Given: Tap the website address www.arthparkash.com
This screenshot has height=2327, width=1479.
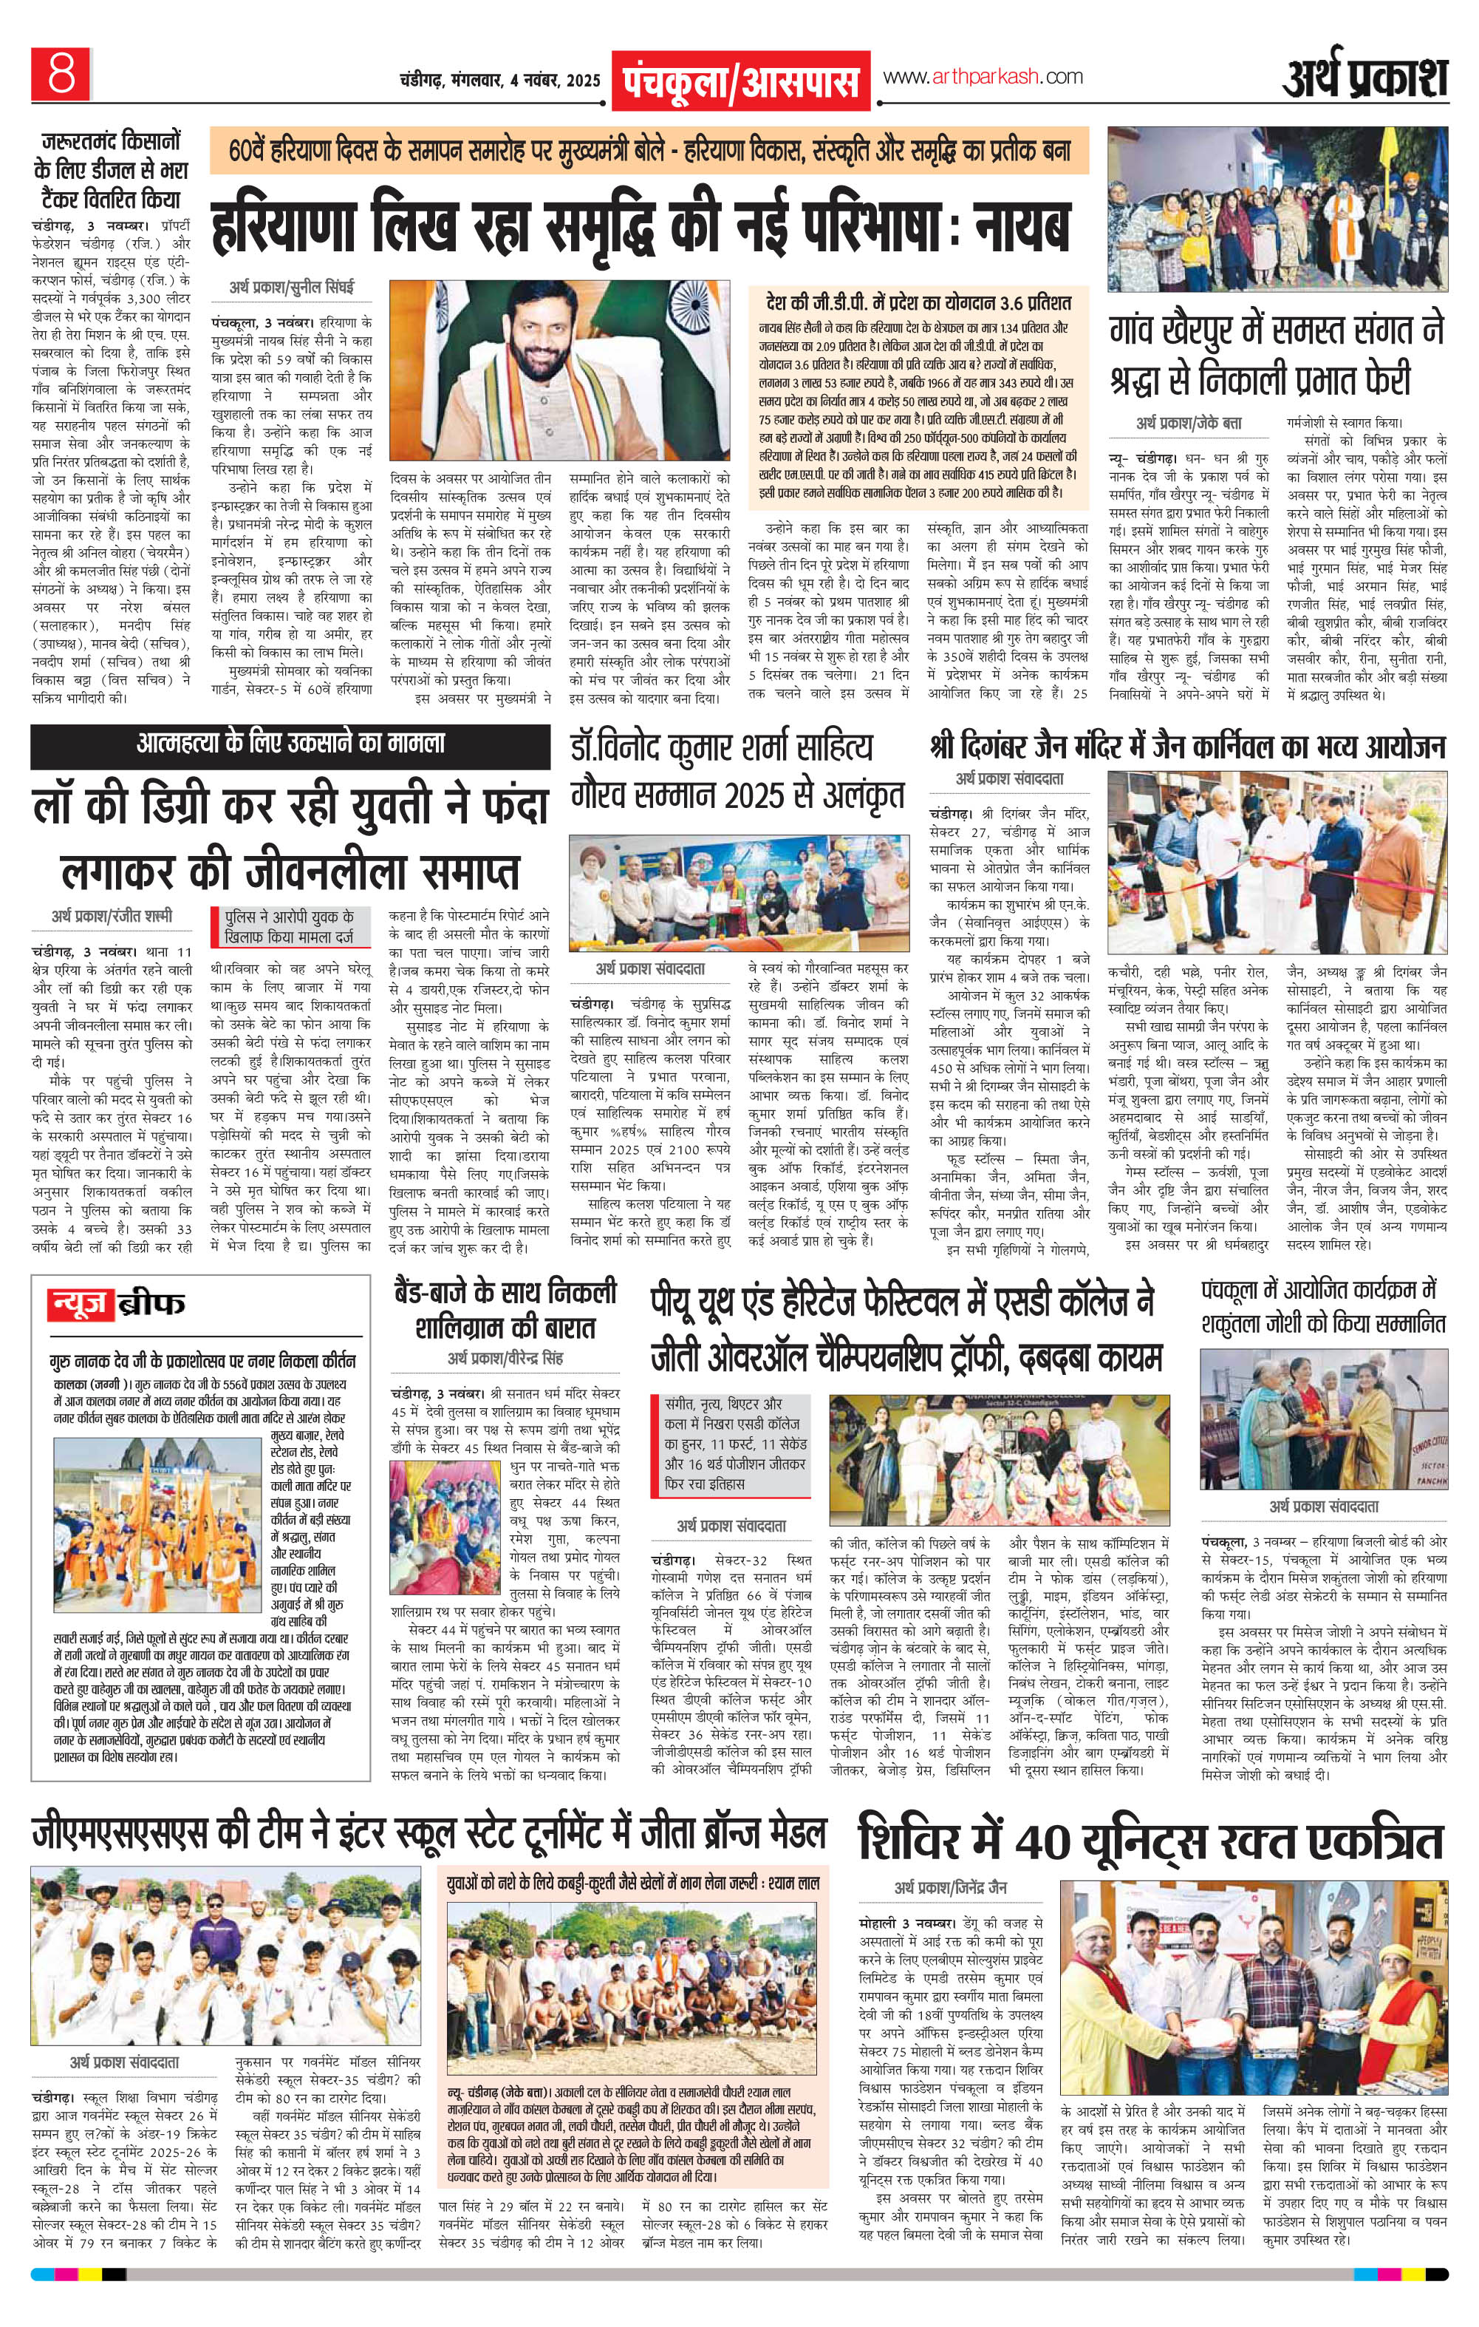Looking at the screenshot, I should pyautogui.click(x=982, y=76).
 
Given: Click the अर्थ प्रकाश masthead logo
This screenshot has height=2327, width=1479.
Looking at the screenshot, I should pyautogui.click(x=1365, y=78).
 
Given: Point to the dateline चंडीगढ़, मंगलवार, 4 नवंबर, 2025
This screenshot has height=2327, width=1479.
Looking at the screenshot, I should pyautogui.click(x=499, y=78).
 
